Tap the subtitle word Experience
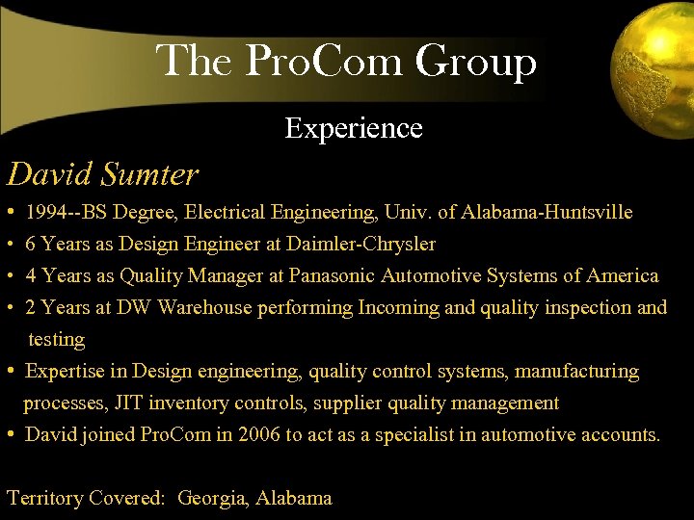[x=354, y=128]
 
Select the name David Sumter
[x=102, y=174]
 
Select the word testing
[x=56, y=339]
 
